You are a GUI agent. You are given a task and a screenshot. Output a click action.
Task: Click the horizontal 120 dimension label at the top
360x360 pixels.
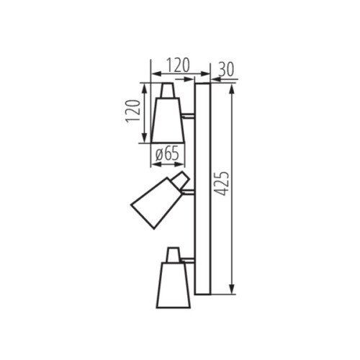173,65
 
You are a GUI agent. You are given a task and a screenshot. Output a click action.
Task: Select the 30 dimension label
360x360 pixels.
225,69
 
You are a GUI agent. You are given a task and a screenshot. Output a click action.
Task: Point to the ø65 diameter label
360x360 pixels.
167,153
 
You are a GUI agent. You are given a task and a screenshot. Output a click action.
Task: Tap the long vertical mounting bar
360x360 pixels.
202,189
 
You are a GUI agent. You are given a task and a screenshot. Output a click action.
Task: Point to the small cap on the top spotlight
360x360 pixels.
168,90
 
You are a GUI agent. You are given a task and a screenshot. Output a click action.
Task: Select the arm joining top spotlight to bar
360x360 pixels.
189,114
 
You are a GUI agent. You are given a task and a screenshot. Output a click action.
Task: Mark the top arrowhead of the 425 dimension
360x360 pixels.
233,87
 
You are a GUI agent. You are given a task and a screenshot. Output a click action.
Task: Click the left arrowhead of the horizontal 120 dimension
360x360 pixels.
153,74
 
